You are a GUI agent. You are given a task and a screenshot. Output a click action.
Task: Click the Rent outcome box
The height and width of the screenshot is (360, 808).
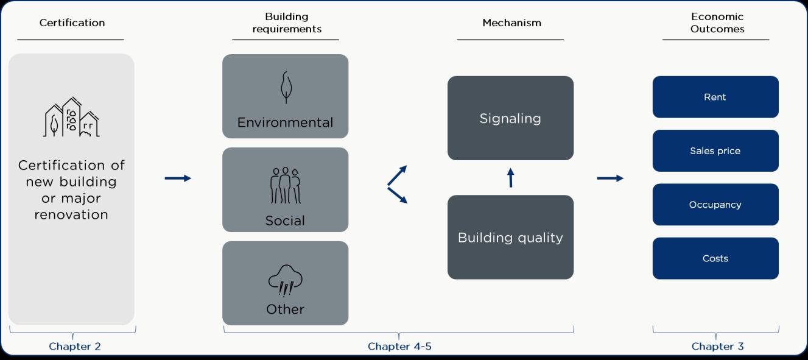[x=715, y=97]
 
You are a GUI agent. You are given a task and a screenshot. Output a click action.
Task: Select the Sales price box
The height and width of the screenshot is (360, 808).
[x=715, y=150]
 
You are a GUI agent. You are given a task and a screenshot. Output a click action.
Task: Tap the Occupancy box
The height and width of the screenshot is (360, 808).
[x=715, y=205]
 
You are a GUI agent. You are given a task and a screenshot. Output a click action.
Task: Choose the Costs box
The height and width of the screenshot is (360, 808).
[x=715, y=258]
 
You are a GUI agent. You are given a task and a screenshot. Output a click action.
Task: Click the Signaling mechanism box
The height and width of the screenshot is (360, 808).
[x=510, y=118]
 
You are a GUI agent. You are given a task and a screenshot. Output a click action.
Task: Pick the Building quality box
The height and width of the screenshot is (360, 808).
[x=510, y=237]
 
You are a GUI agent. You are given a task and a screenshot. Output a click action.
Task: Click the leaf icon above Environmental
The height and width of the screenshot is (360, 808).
[x=285, y=87]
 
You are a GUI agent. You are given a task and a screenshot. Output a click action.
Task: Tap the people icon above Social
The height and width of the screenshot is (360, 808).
[x=285, y=185]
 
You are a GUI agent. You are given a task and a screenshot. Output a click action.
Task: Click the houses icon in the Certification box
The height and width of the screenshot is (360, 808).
[x=72, y=117]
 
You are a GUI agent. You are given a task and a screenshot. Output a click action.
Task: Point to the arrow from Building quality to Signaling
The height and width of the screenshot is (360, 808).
[x=510, y=177]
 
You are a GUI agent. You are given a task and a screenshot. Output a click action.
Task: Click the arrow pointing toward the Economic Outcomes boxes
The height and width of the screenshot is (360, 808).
[x=610, y=178]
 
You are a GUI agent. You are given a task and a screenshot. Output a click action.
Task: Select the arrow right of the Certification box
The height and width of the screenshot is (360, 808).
[x=178, y=178]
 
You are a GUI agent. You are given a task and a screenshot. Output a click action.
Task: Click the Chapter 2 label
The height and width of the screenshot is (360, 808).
[x=74, y=347]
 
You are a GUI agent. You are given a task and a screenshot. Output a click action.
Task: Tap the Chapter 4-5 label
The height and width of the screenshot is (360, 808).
[x=399, y=347]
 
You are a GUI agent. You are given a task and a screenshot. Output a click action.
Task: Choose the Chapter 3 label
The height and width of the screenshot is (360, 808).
[x=717, y=347]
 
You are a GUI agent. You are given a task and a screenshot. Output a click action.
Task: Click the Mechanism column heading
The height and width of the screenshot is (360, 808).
[x=511, y=23]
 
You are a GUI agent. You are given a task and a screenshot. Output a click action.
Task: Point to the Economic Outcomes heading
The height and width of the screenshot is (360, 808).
[x=717, y=23]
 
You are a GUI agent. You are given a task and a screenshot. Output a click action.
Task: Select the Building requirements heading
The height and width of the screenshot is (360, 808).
[x=286, y=23]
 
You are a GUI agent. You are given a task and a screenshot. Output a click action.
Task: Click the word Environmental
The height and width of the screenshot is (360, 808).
[x=285, y=122]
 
